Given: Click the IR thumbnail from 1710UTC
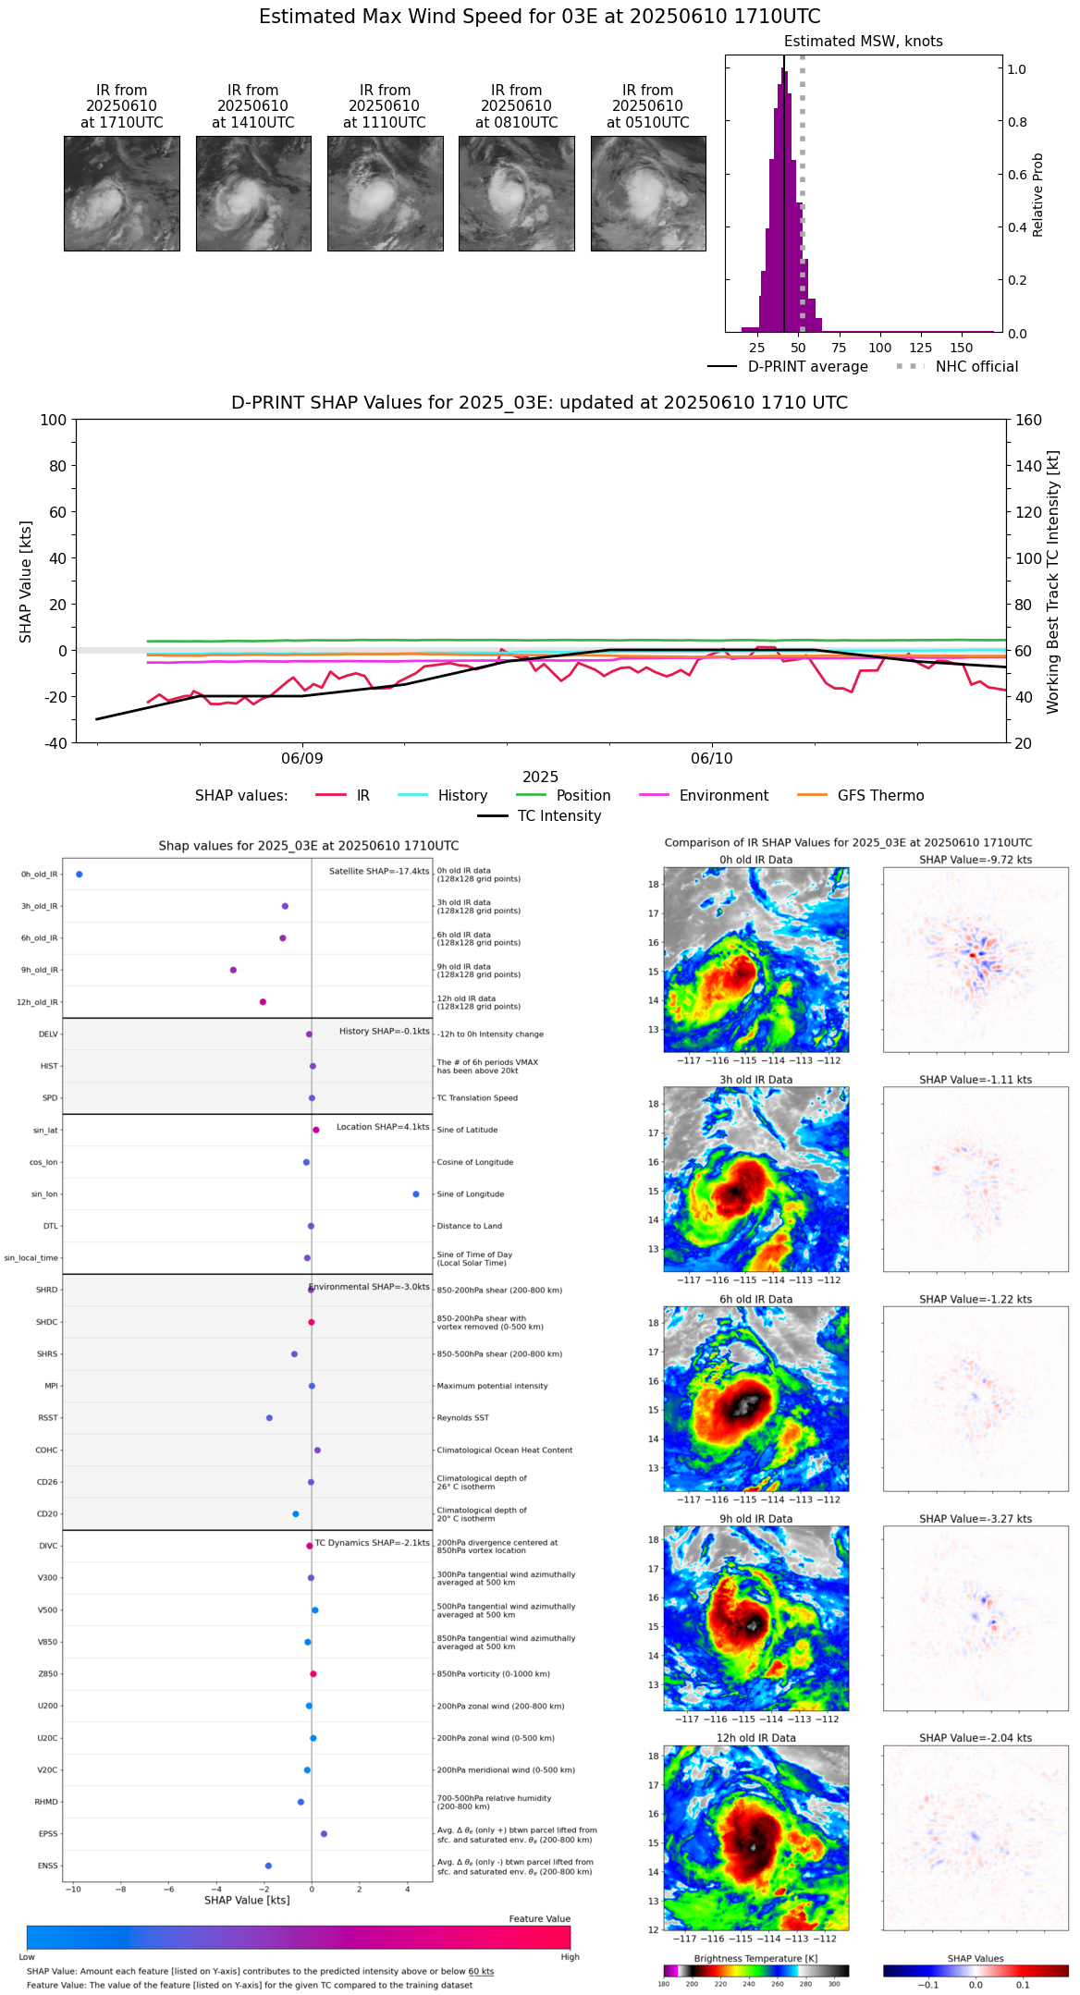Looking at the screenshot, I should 121,193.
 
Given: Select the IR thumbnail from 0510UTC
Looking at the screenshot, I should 648,193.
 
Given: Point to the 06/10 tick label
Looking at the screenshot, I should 711,759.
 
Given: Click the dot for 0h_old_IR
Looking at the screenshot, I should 80,875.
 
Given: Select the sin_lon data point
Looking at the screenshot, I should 416,1194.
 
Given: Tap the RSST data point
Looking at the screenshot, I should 269,1418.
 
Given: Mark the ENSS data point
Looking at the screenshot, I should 268,1866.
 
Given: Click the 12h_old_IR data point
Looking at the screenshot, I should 263,1002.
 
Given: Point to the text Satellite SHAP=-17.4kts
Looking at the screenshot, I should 379,872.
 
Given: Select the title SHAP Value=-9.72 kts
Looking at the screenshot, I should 976,860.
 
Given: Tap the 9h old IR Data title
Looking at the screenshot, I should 755,1519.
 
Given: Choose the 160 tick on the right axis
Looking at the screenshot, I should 1028,420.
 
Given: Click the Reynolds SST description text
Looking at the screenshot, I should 462,1418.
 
